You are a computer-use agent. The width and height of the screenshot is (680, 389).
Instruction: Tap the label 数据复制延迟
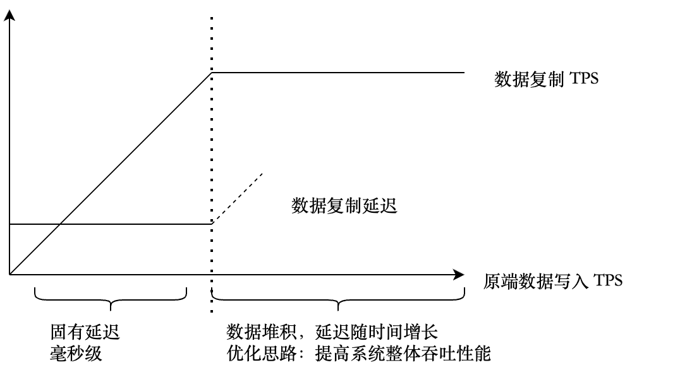click(x=344, y=206)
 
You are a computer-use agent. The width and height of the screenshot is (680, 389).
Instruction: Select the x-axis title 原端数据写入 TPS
click(x=553, y=280)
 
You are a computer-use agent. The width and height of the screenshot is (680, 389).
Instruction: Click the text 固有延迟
click(x=85, y=332)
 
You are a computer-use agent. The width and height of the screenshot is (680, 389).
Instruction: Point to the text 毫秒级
click(x=76, y=354)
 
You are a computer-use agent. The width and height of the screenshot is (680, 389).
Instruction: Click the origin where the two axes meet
click(x=9, y=274)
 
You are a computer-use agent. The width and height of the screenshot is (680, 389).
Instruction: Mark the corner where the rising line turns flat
click(x=212, y=73)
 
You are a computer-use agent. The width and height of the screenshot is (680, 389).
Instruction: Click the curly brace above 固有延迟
click(x=111, y=302)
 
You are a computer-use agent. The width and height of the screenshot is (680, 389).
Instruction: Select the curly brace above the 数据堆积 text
click(x=338, y=302)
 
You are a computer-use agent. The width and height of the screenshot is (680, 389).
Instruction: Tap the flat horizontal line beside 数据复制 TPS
click(x=338, y=73)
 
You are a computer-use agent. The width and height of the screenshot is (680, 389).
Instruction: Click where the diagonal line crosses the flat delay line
click(x=59, y=224)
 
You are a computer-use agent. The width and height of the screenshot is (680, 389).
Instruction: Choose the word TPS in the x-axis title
click(x=608, y=280)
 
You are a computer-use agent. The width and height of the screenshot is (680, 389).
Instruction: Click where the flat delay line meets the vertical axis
click(x=9, y=224)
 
